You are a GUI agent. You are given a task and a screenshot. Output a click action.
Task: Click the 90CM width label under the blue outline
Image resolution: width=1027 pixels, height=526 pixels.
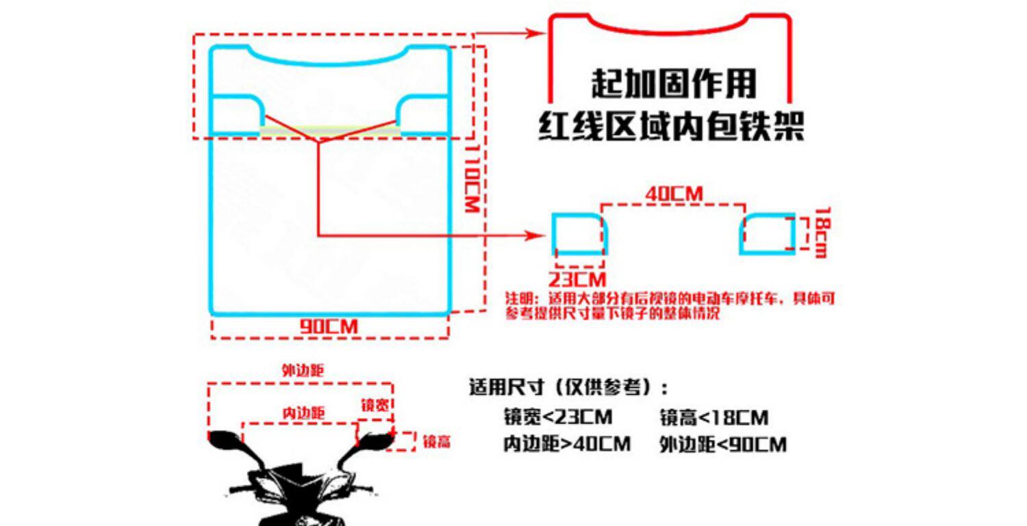coord(329,327)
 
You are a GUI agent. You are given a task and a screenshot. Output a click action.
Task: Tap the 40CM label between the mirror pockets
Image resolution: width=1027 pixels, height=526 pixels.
coord(674,194)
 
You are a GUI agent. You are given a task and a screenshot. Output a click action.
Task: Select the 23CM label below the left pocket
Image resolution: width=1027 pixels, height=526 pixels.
coord(577,279)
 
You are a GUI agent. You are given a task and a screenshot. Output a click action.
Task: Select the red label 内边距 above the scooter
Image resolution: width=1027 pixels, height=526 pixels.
coord(303,413)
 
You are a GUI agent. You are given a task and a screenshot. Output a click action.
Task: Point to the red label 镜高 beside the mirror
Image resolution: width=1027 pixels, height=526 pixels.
coord(436,442)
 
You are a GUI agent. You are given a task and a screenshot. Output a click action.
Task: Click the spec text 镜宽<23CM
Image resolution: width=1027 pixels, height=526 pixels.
coord(557,417)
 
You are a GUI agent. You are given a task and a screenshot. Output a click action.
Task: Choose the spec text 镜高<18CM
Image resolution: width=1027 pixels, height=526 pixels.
coord(713,417)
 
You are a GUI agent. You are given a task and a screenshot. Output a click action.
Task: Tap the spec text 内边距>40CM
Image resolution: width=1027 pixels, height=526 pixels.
coord(566,444)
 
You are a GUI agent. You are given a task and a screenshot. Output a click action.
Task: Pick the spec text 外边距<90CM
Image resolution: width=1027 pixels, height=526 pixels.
coord(722,445)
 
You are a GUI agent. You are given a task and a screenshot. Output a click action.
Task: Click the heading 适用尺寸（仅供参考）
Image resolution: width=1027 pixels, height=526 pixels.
coord(568,388)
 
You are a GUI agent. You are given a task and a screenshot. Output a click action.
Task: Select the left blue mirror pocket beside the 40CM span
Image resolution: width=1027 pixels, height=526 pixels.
coord(579,233)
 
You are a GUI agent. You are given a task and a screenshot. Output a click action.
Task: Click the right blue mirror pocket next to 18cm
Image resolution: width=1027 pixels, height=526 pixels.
coord(768,233)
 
